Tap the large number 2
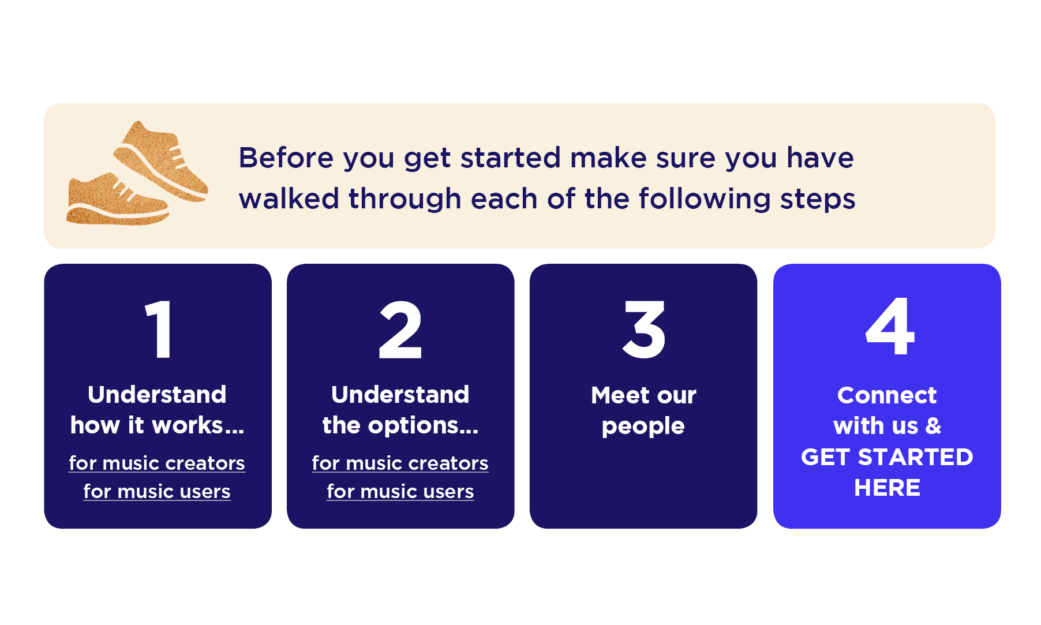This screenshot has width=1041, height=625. tap(400, 330)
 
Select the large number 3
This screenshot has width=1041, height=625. tap(644, 330)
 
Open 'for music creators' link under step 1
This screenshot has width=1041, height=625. tap(157, 463)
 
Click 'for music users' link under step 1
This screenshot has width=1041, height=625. tap(157, 491)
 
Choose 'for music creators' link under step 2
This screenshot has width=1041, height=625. tap(400, 463)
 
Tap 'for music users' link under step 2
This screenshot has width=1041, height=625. tap(400, 491)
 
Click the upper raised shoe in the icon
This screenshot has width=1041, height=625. tap(162, 162)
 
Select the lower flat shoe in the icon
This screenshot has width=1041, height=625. tap(115, 202)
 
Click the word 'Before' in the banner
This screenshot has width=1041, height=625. tap(286, 158)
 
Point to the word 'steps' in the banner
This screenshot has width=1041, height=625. tap(818, 199)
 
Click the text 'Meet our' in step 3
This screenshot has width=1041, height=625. tap(643, 395)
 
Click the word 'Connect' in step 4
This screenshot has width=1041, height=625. tap(887, 395)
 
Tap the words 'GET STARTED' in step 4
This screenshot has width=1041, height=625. tap(887, 457)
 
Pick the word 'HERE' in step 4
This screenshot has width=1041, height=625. tap(887, 488)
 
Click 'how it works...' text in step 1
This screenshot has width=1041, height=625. tap(157, 425)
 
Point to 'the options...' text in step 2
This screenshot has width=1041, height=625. tap(400, 425)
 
